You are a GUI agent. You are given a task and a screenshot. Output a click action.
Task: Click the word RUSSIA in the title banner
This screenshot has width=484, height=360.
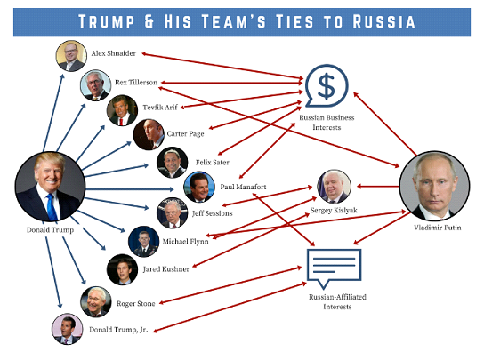coord(384,21)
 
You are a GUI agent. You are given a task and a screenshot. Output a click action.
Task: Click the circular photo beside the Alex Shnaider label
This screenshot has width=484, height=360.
coord(71,56)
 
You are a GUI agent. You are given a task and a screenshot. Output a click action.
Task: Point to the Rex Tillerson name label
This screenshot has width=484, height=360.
coord(136,83)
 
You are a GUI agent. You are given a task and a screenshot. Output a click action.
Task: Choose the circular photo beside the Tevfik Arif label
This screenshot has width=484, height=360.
coord(122,110)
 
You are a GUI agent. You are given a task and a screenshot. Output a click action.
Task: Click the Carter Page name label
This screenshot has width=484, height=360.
coord(185,134)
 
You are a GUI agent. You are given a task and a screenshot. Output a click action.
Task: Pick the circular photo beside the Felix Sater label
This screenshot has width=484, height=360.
coord(173,163)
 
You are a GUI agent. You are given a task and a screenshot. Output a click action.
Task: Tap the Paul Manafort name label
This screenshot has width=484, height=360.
coord(243,187)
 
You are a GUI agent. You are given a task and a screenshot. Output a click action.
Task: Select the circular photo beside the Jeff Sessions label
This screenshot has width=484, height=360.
coord(173,213)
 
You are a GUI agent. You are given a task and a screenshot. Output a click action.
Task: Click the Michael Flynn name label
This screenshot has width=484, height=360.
coord(186,242)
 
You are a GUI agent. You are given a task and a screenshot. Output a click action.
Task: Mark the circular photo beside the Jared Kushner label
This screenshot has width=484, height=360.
coord(122,269)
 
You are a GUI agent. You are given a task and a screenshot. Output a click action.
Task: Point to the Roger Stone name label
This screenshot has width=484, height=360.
coord(136,303)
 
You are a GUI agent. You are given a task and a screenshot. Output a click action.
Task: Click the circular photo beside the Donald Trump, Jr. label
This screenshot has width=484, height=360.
coord(68,329)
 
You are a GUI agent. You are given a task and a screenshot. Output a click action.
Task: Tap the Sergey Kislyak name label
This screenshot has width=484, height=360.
coord(334,211)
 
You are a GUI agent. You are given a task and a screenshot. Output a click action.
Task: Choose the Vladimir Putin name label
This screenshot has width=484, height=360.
coord(438,228)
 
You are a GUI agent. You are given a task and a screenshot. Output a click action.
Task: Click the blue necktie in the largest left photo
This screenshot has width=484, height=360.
coord(52,207)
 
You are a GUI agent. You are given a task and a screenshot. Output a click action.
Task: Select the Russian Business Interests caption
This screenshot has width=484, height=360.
coord(327,123)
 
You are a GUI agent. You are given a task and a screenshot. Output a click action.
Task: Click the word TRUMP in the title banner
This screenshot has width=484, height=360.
coord(107,21)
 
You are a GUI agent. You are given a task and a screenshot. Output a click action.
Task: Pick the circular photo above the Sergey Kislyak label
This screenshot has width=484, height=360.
coord(334,187)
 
